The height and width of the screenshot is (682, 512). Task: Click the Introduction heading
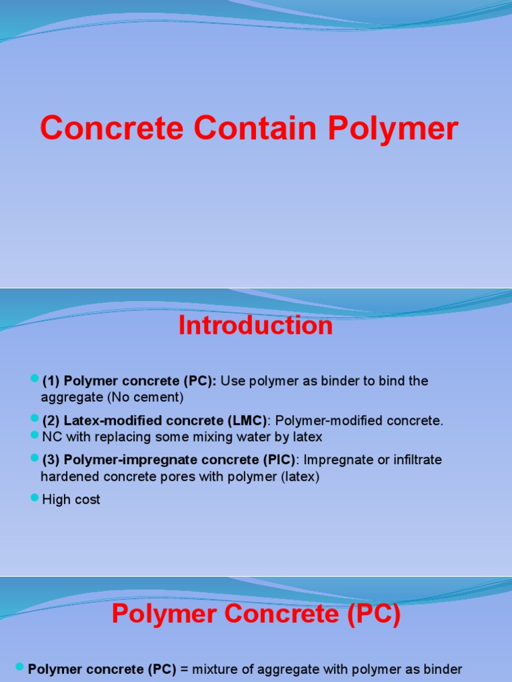click(x=256, y=326)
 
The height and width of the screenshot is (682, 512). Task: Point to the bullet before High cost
click(x=35, y=499)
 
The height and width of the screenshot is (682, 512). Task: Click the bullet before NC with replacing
click(x=35, y=436)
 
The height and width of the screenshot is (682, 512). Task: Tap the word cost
click(x=87, y=500)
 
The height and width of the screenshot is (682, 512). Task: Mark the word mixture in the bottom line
click(x=215, y=669)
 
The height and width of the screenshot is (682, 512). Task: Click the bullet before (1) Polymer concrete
click(x=35, y=380)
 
